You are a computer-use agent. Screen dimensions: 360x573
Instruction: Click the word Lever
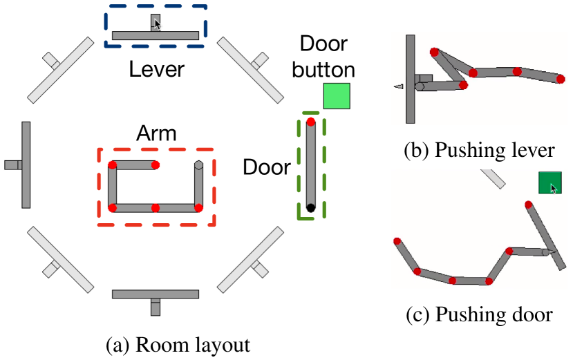point(157,69)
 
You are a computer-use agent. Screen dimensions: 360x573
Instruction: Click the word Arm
point(156,133)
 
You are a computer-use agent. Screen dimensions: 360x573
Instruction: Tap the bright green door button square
point(337,96)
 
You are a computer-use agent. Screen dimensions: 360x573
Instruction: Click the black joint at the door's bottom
point(311,207)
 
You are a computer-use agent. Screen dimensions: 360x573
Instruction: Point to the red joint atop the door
point(311,122)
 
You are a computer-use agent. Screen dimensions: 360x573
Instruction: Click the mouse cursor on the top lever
point(158,24)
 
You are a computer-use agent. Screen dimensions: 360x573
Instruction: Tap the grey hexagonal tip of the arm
point(198,165)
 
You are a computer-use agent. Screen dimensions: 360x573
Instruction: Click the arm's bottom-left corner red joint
point(113,207)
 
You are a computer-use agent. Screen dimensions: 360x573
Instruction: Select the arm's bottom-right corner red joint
point(198,207)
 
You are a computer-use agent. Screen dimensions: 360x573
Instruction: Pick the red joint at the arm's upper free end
point(156,165)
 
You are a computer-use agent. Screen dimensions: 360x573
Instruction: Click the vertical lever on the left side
point(26,164)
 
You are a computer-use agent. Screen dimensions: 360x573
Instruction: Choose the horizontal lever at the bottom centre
point(156,294)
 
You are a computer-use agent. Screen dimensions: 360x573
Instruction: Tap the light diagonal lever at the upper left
point(61,69)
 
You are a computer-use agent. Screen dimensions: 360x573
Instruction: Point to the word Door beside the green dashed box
point(266,167)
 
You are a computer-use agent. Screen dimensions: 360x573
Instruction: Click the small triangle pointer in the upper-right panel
point(398,86)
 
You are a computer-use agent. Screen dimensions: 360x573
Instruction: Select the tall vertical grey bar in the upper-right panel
point(410,79)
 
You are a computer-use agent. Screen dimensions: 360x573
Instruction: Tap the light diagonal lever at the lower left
point(60,260)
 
